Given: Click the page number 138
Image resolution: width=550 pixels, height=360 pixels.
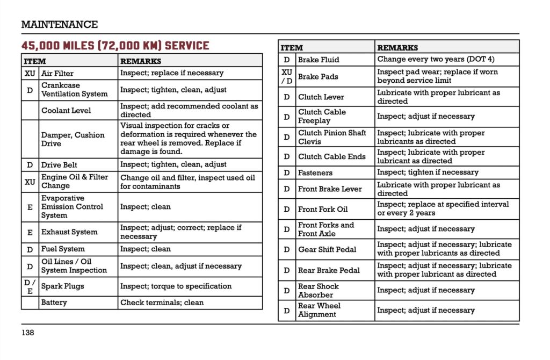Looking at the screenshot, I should click(x=28, y=333).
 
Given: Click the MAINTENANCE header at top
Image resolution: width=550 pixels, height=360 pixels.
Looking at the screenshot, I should click(x=59, y=24).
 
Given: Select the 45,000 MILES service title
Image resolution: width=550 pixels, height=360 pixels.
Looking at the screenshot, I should click(x=115, y=46).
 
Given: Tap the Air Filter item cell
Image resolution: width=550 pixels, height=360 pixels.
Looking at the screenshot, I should click(x=57, y=73).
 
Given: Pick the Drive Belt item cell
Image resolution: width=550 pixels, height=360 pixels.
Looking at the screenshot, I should click(x=59, y=164).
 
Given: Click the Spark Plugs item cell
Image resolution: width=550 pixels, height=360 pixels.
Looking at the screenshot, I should click(x=63, y=286).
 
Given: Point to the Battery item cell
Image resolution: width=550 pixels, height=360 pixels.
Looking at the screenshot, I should click(x=54, y=303).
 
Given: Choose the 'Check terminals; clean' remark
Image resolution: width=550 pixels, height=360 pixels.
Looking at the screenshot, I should click(x=162, y=303).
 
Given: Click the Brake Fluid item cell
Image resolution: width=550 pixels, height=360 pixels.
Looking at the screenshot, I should click(x=319, y=60).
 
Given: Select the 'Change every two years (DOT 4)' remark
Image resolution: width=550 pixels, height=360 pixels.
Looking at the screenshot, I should click(x=436, y=59).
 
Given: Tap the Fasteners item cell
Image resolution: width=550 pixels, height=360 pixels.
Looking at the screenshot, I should click(x=315, y=172).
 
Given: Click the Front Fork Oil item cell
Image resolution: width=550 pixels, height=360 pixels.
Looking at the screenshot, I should click(x=323, y=209).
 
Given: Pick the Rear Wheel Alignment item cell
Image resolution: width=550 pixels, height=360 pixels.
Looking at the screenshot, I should click(x=320, y=310).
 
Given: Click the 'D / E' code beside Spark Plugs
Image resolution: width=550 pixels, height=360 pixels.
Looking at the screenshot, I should click(x=30, y=286).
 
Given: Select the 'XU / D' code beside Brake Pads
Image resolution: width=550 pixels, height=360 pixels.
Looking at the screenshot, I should click(x=287, y=76).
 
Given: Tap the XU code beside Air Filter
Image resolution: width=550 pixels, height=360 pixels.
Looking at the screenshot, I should click(x=30, y=73).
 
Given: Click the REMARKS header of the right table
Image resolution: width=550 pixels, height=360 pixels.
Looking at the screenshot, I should click(x=397, y=47).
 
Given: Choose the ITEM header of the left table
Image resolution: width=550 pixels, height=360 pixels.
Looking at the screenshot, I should click(x=35, y=61).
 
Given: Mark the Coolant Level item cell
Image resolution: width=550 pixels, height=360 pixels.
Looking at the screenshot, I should click(x=66, y=110).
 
